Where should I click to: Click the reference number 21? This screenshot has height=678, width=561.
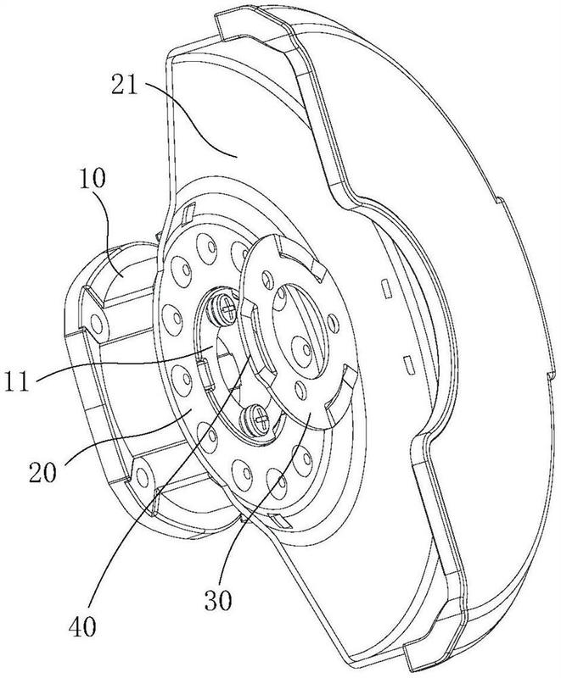124,86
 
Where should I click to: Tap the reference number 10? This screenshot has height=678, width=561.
92,178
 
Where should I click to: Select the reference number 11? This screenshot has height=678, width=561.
16,381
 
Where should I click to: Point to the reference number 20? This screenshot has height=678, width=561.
42,472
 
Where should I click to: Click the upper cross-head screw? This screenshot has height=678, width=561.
225,308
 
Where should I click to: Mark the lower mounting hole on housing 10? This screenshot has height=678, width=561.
142,476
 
